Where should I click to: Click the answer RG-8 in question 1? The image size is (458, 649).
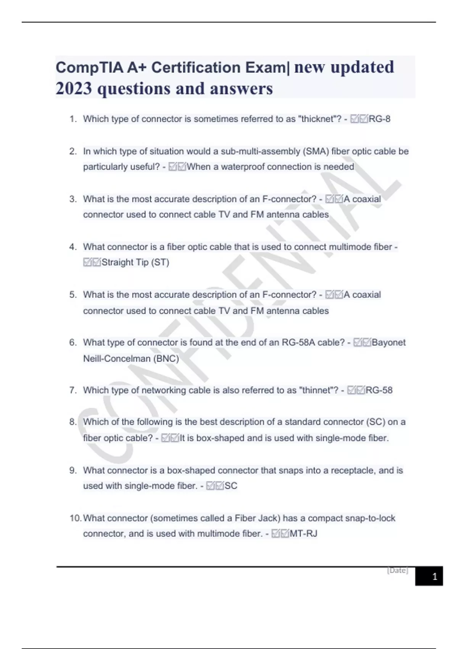click(379, 119)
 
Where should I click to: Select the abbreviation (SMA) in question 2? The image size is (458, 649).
click(316, 152)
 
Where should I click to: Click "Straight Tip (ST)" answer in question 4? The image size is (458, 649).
click(135, 262)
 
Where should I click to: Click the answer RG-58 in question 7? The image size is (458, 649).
click(379, 390)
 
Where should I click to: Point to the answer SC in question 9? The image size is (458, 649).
click(231, 486)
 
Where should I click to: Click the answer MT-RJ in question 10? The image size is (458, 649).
click(303, 534)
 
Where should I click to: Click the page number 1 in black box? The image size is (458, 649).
click(434, 576)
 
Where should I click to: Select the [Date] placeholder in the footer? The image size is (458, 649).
click(397, 570)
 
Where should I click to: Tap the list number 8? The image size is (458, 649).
click(73, 422)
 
